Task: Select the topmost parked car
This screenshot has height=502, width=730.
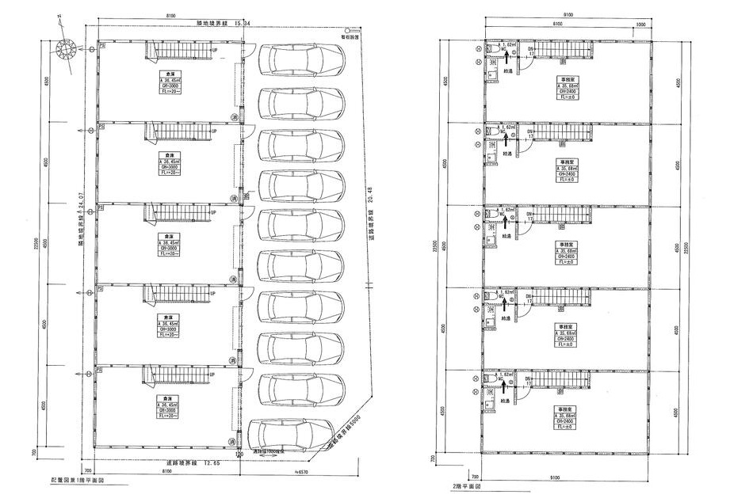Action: click(x=302, y=60)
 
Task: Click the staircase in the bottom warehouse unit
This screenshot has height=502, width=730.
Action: click(x=180, y=375)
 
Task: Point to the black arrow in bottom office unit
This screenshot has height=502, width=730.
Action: click(x=504, y=385)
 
